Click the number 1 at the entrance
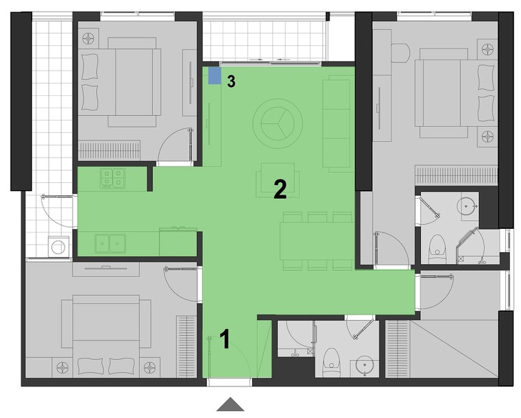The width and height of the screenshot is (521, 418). [226, 339]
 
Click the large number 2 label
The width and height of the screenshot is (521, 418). [280, 189]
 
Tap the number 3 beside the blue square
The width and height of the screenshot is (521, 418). [231, 82]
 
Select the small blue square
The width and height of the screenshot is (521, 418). [215, 75]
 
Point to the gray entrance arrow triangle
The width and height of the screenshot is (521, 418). [230, 404]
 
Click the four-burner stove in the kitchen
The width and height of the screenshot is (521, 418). [113, 179]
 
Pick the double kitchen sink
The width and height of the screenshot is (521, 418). [110, 243]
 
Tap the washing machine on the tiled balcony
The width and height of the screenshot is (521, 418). [58, 247]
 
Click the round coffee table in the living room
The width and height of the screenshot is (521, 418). [278, 123]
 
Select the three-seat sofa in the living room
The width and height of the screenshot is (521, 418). [337, 123]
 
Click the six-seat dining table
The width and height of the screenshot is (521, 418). [317, 241]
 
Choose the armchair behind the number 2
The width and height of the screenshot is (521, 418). [278, 180]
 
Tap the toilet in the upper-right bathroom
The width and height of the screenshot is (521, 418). [436, 248]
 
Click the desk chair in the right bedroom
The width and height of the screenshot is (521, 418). [401, 53]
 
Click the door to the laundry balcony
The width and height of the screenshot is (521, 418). [58, 211]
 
